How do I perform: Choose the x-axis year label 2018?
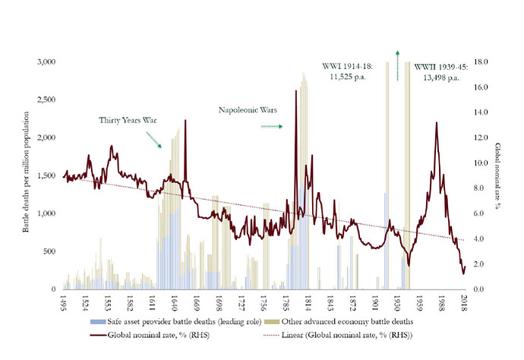coord(465,303)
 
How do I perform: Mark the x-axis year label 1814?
coord(309,303)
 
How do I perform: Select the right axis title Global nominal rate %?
coord(499,175)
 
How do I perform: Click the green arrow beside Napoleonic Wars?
coord(271,127)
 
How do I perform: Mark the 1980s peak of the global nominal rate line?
coord(437,123)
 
